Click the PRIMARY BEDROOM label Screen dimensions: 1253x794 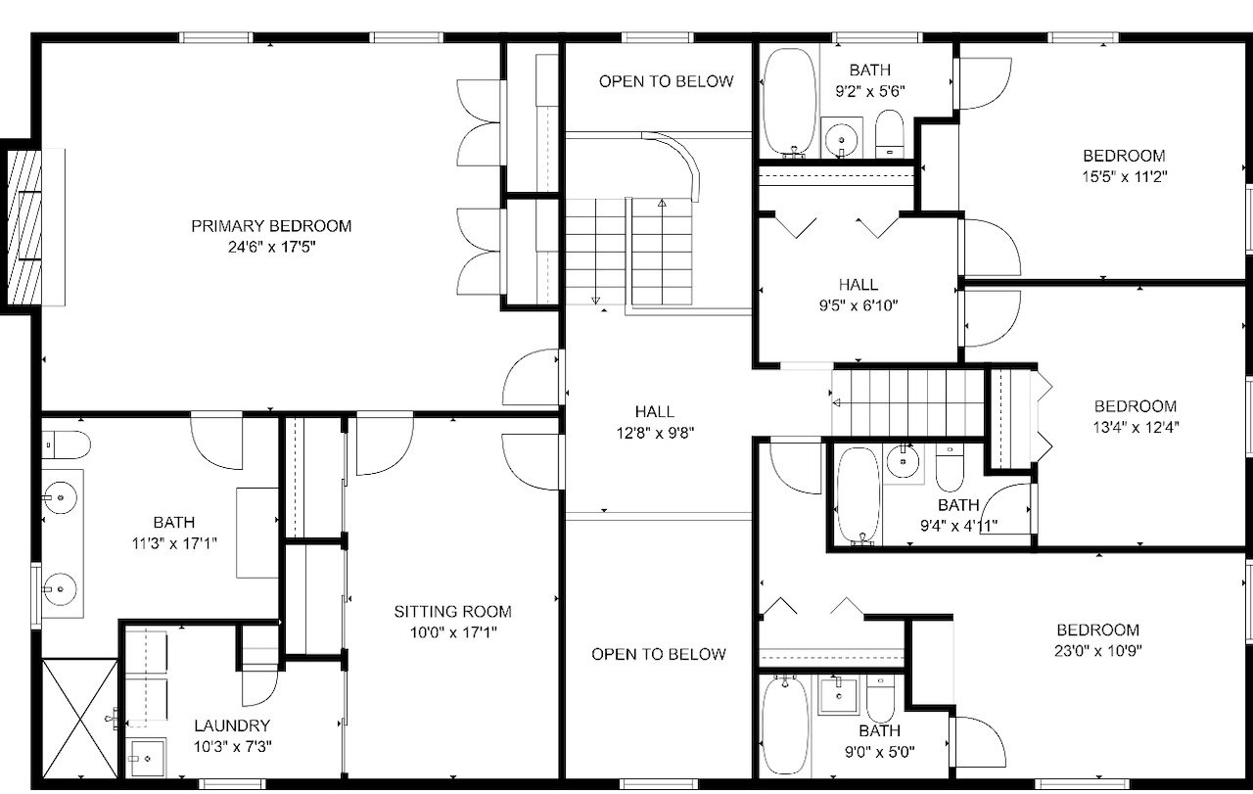click(271, 226)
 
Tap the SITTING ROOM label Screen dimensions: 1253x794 click(452, 612)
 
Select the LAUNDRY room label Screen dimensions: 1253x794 click(232, 725)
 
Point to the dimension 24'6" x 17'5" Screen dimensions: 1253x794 click(271, 247)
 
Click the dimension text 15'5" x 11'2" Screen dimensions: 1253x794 click(1125, 177)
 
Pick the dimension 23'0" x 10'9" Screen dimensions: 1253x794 click(1097, 651)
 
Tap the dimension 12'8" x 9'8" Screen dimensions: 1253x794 click(655, 433)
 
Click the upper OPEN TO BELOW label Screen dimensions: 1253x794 click(666, 81)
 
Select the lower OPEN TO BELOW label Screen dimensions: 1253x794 click(659, 654)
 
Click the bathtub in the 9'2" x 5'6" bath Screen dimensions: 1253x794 click(789, 101)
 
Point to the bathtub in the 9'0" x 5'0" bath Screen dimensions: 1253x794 click(785, 725)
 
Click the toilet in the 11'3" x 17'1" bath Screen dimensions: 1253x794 click(66, 444)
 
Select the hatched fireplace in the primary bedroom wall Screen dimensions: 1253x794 click(24, 227)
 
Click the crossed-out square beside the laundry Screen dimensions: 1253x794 click(80, 719)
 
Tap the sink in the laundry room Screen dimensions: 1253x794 click(146, 758)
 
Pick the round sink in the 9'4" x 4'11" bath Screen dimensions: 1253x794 click(903, 461)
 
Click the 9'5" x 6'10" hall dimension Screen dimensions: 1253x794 click(859, 305)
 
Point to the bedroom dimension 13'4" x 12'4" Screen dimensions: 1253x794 click(1136, 428)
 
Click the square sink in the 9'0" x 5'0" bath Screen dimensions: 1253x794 click(838, 695)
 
